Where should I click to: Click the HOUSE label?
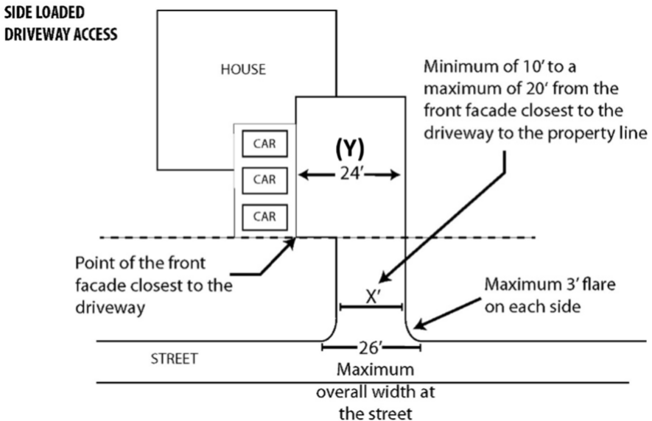[243, 70]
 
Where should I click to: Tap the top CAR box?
[264, 144]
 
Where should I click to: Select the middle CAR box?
[264, 179]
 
